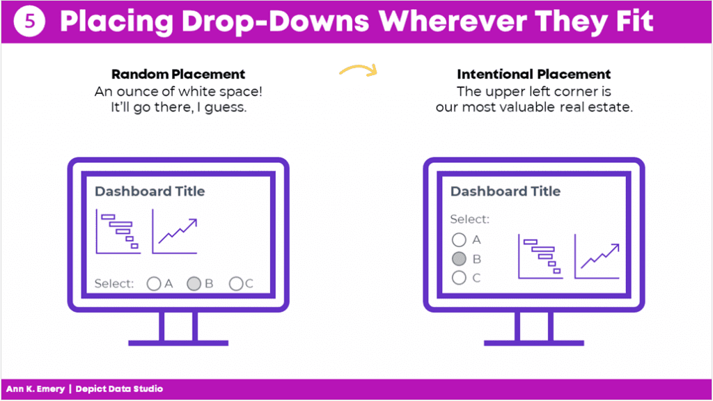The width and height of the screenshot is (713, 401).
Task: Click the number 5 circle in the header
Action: (x=29, y=22)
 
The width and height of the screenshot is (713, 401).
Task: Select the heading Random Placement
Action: (x=178, y=74)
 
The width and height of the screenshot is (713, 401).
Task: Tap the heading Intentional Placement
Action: (x=534, y=74)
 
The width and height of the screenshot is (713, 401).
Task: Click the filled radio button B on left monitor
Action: (x=194, y=284)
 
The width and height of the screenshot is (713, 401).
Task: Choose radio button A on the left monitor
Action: (x=154, y=284)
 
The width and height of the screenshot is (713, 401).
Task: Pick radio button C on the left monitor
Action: (x=236, y=284)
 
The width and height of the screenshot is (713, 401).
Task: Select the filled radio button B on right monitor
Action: (x=459, y=259)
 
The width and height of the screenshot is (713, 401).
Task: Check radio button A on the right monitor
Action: (x=459, y=239)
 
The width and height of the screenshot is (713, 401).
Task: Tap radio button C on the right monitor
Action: (x=459, y=278)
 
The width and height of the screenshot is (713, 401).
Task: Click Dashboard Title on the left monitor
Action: (x=150, y=191)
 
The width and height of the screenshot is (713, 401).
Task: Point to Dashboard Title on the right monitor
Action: (x=506, y=191)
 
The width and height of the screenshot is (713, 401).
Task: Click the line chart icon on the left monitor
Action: (x=175, y=231)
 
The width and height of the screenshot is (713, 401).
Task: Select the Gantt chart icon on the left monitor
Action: (x=118, y=231)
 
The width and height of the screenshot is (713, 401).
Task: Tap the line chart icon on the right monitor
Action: (x=597, y=256)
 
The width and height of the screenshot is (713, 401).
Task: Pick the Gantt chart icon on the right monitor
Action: (x=540, y=256)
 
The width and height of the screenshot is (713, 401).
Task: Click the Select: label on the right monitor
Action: (x=470, y=219)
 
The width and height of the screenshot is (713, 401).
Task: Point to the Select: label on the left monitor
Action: (x=114, y=284)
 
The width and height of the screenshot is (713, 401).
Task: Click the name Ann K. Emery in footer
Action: (x=36, y=389)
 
